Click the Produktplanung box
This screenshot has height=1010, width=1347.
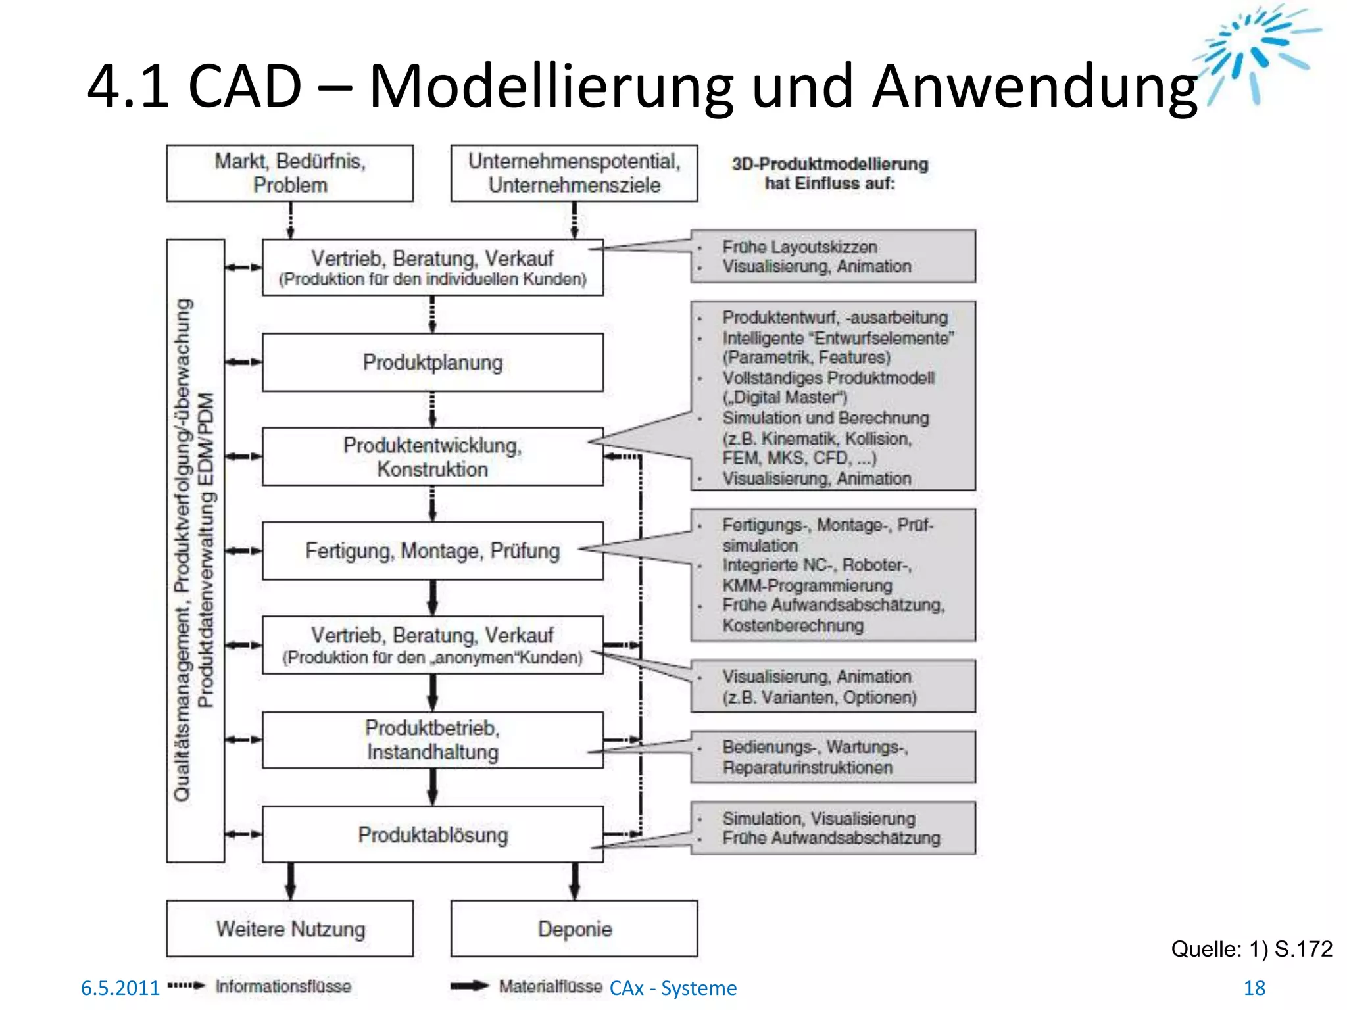432,362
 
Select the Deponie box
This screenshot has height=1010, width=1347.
574,928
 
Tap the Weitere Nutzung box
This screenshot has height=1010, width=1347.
289,928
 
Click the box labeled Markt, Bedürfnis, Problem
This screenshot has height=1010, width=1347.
289,173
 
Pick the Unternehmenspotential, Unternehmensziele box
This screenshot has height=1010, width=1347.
574,173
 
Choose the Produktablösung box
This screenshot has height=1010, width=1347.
432,834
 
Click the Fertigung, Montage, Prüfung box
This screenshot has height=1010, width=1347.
432,550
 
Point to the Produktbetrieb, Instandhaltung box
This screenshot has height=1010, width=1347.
432,740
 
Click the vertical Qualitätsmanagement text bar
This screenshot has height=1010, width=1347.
195,550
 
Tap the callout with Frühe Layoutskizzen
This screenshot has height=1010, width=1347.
833,256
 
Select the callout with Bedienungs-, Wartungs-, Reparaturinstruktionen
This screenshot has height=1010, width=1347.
833,757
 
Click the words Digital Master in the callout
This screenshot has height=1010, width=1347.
787,398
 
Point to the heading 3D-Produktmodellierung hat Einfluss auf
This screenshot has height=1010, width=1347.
829,174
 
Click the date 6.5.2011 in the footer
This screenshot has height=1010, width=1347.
120,988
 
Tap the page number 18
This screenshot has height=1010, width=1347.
1254,988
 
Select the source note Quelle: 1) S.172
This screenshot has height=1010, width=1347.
1251,949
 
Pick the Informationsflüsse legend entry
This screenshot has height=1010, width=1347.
283,986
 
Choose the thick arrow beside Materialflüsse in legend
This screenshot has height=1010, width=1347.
470,986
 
